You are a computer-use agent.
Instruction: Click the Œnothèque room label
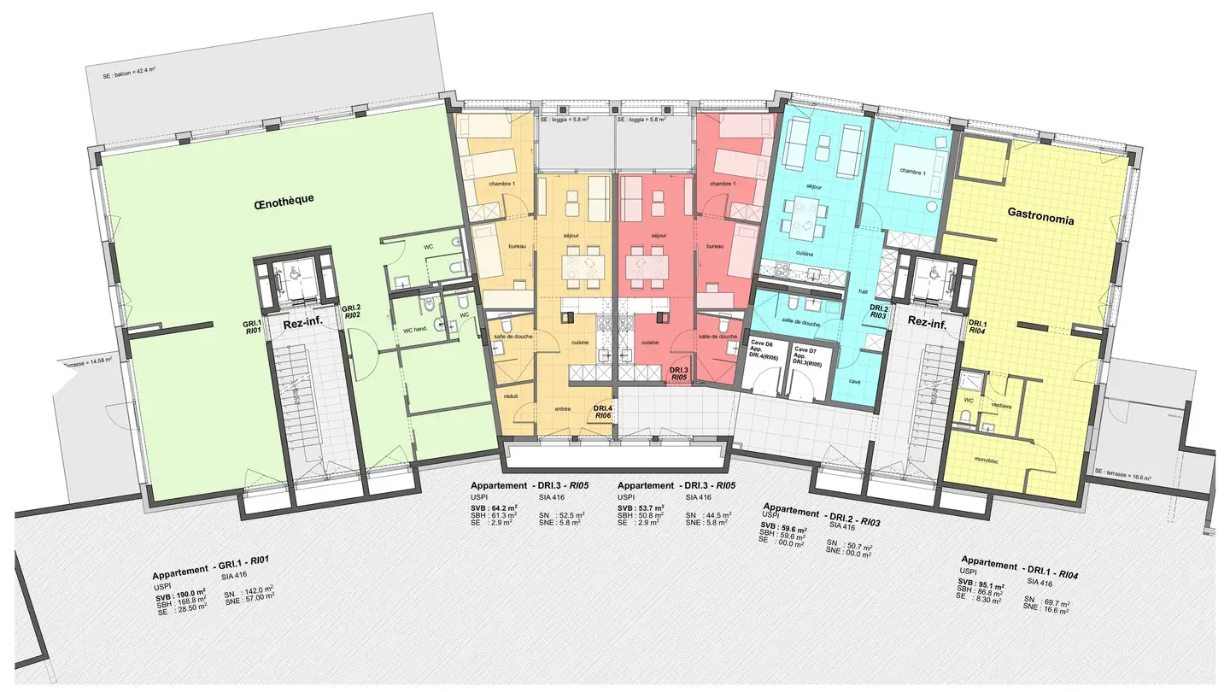pyautogui.click(x=284, y=201)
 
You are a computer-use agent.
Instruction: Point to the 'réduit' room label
pyautogui.click(x=512, y=396)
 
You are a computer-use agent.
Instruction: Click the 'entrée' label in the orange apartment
pyautogui.click(x=562, y=408)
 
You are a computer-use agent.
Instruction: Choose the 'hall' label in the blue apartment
pyautogui.click(x=863, y=291)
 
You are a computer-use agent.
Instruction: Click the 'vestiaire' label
pyautogui.click(x=1001, y=407)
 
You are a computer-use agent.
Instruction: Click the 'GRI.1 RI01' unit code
pyautogui.click(x=252, y=326)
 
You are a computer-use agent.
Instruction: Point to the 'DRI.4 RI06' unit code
pyautogui.click(x=603, y=412)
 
